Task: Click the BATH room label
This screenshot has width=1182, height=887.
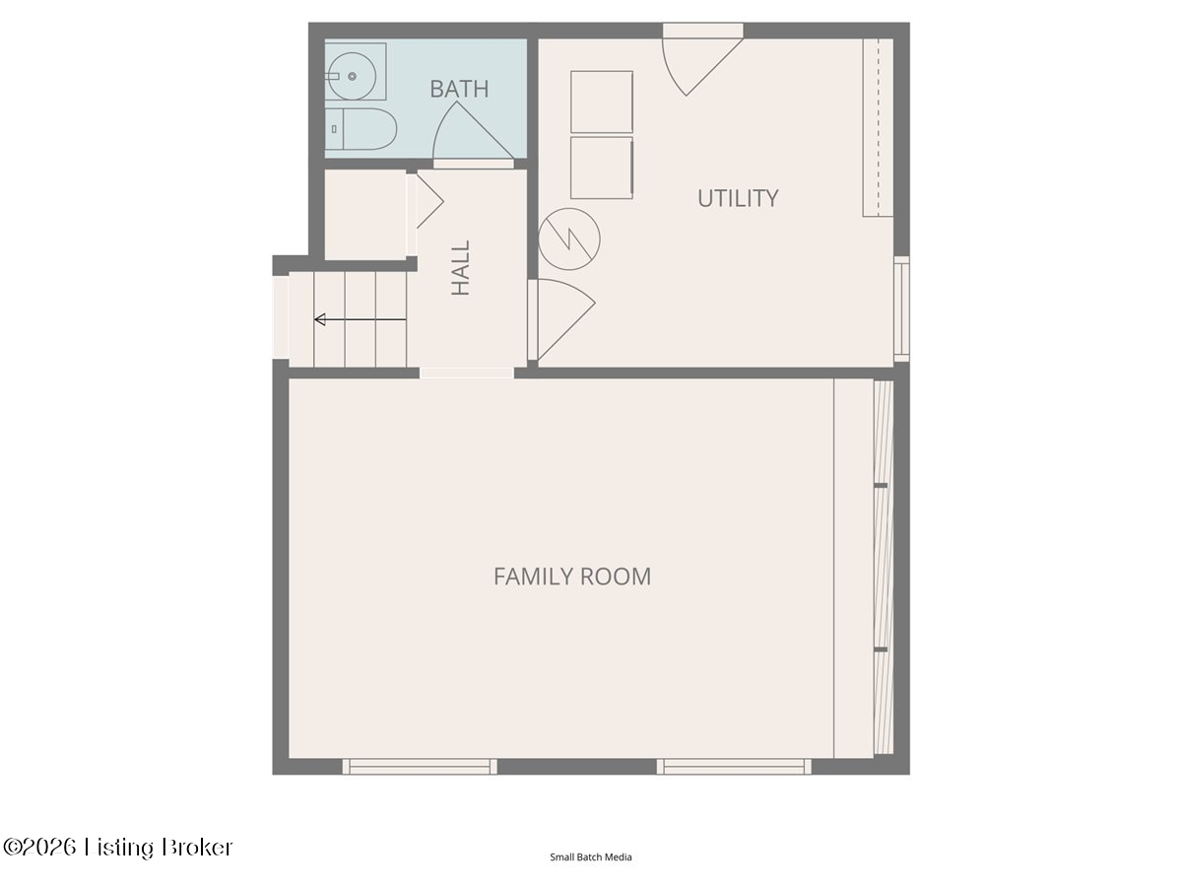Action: click(459, 89)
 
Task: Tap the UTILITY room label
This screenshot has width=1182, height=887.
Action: click(738, 198)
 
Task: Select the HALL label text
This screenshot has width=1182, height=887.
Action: click(460, 268)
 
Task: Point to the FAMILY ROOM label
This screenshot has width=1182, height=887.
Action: click(572, 577)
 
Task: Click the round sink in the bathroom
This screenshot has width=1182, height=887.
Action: click(353, 76)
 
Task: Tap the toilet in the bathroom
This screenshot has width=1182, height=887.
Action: click(361, 129)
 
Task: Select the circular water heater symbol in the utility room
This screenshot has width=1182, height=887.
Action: click(569, 239)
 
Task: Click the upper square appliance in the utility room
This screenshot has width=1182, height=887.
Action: click(602, 102)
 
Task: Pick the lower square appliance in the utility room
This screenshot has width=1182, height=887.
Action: click(602, 168)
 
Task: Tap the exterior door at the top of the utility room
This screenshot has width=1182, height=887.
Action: click(702, 59)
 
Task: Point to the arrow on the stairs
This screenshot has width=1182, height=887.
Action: click(361, 320)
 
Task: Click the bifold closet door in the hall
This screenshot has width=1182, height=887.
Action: click(427, 201)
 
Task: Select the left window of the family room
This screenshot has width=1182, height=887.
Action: click(420, 767)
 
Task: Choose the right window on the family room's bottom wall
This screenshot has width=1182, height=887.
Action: click(734, 767)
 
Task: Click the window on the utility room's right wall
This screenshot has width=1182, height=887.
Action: click(902, 309)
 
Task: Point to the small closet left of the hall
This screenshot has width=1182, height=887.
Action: click(365, 215)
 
